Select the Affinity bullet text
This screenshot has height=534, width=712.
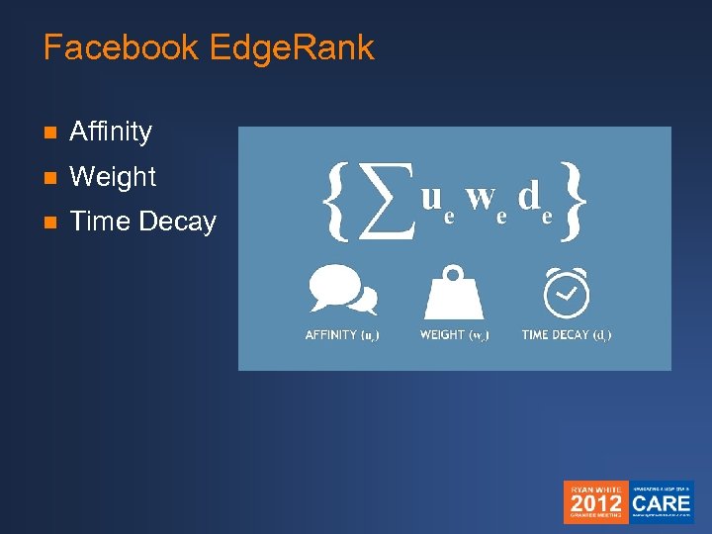point(111,132)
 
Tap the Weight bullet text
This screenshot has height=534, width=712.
point(113,177)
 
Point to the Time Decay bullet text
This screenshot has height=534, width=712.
point(142,222)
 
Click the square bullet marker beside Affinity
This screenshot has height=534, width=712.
point(50,133)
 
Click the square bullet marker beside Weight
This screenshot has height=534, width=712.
point(50,178)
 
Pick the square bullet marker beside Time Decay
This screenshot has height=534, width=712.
point(50,223)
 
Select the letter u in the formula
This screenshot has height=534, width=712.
point(431,198)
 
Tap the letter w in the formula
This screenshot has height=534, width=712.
point(481,198)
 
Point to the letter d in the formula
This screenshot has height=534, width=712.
point(529,197)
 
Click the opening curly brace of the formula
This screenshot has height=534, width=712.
point(337,201)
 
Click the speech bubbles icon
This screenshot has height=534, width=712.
point(342,290)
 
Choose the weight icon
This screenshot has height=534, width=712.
point(454,291)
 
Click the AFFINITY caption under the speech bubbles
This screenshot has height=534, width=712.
point(342,335)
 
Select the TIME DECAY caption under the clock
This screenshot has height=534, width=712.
point(566,335)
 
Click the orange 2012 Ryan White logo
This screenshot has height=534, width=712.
point(595,502)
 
